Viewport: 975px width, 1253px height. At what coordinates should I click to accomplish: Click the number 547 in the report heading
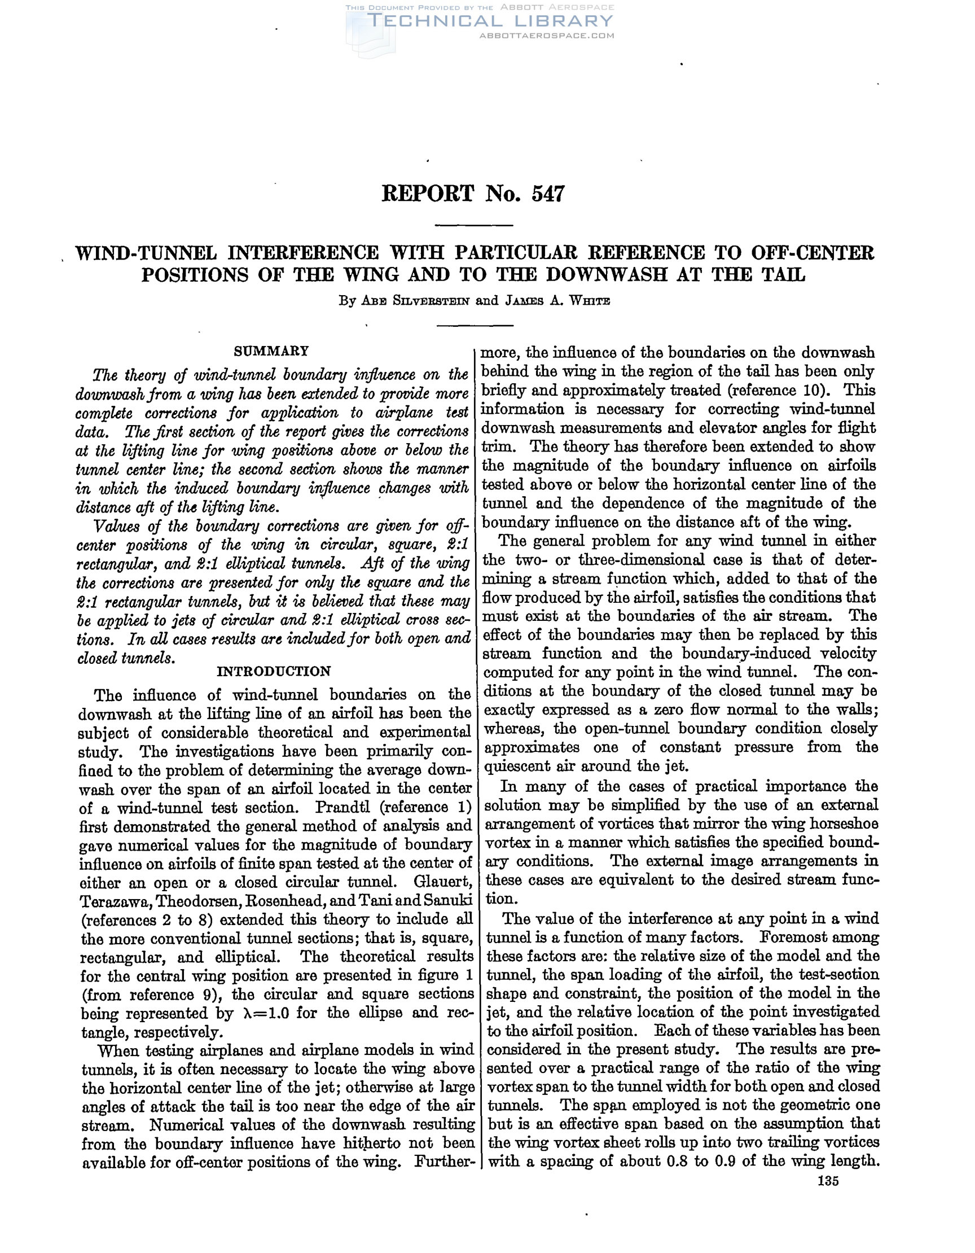pyautogui.click(x=548, y=194)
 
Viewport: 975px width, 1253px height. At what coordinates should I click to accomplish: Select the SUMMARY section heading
pyautogui.click(x=272, y=351)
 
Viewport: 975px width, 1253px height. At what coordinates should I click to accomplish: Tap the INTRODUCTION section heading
pyautogui.click(x=274, y=671)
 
